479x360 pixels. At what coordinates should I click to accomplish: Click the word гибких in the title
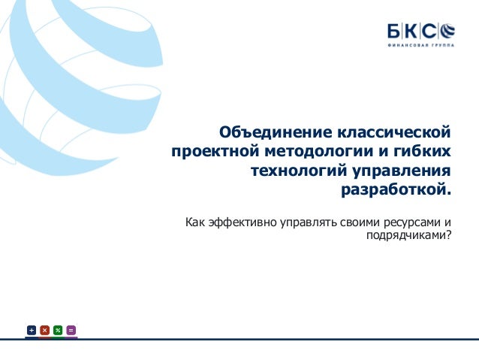click(x=425, y=153)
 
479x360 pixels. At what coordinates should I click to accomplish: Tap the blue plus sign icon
click(x=32, y=330)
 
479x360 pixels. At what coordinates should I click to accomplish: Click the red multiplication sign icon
click(x=44, y=330)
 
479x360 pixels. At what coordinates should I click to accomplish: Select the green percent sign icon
click(x=58, y=330)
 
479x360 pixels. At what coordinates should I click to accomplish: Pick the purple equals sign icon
click(x=71, y=330)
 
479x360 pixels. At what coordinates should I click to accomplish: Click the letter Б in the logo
click(x=394, y=31)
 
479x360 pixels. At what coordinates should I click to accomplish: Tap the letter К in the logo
click(x=411, y=31)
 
